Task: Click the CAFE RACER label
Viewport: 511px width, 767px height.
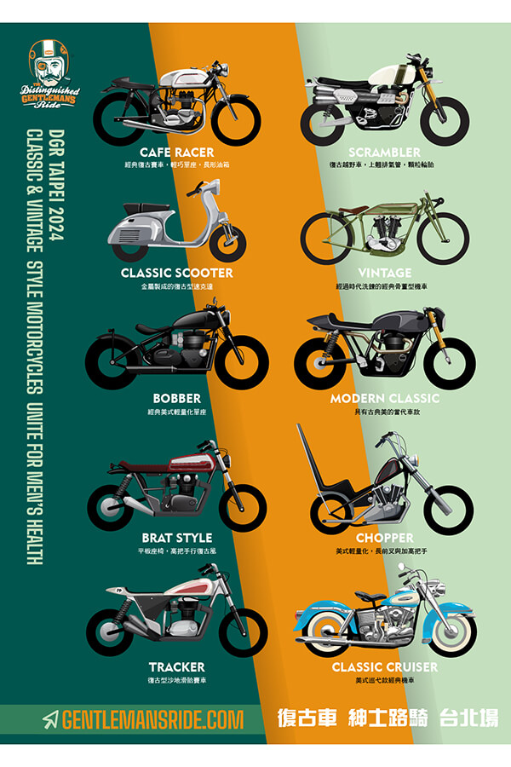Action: coord(176,152)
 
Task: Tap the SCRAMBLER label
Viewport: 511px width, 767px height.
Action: coord(384,152)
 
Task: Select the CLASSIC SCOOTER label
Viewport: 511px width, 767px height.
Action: coord(176,274)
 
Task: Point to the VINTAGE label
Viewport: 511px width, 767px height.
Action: coord(385,274)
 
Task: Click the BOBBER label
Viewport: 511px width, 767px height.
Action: coord(176,398)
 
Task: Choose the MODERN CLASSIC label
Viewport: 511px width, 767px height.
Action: coord(385,398)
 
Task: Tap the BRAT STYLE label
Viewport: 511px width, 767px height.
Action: coord(176,538)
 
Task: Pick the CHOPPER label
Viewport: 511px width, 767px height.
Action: coord(385,538)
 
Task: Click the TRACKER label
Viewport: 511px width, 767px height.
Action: coord(176,666)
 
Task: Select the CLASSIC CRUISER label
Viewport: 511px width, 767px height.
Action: coord(385,666)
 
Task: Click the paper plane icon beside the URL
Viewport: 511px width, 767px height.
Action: coord(51,719)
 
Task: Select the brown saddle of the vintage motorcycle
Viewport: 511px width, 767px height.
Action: coord(353,210)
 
